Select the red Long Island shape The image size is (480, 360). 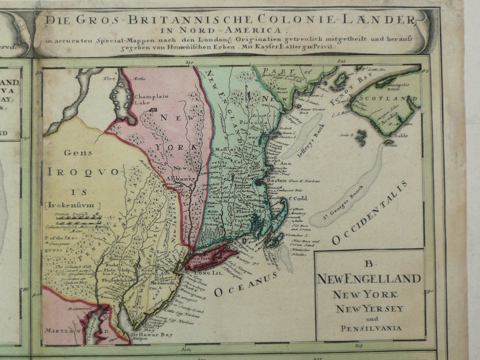tap(210, 259)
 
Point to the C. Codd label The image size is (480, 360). tap(299, 198)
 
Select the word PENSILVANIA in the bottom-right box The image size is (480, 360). tap(370, 328)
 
